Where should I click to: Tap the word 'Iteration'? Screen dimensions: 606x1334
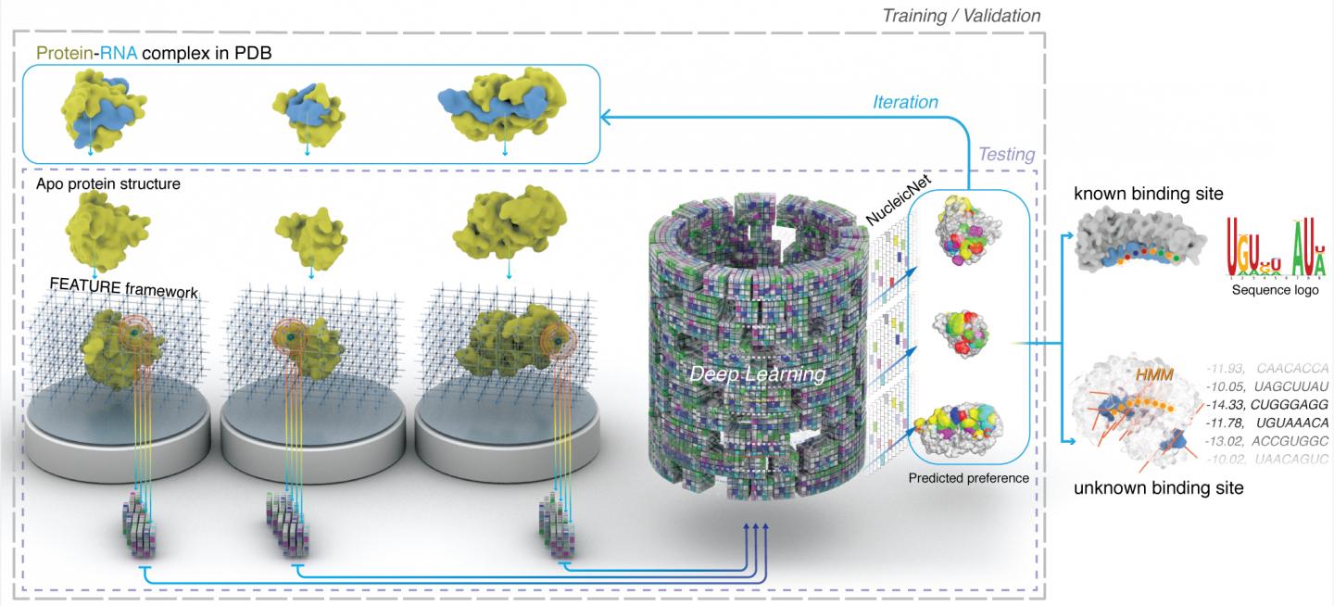point(905,102)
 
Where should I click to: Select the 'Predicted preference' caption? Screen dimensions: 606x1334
point(968,477)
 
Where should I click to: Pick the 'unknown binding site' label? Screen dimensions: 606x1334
point(1158,488)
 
